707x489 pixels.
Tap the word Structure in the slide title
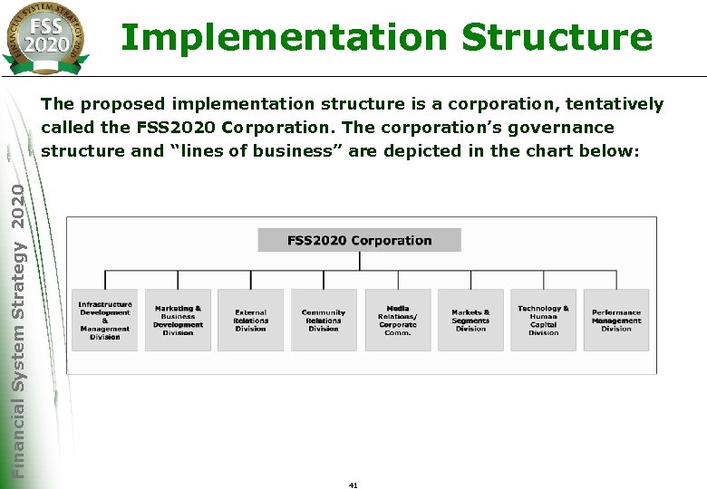[556, 38]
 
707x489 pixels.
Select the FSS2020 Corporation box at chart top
[360, 240]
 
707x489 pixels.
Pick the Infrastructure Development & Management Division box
[105, 320]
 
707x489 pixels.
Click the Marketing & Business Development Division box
[178, 320]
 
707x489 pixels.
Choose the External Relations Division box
[250, 320]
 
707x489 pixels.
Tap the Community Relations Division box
[324, 320]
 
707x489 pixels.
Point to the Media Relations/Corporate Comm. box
[398, 320]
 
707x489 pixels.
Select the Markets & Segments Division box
[470, 320]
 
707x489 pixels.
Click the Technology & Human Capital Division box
[543, 320]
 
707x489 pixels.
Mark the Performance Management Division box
[616, 320]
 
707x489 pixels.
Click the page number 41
[353, 485]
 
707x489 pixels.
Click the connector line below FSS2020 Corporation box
[360, 261]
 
